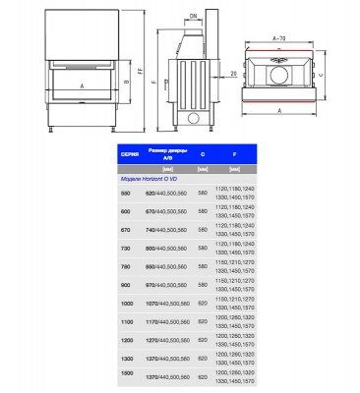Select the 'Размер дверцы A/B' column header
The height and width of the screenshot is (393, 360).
pos(166,153)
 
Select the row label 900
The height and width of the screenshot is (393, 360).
pos(126,285)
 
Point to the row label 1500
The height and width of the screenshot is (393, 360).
pos(127,377)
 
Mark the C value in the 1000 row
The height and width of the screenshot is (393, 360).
pos(203,307)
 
